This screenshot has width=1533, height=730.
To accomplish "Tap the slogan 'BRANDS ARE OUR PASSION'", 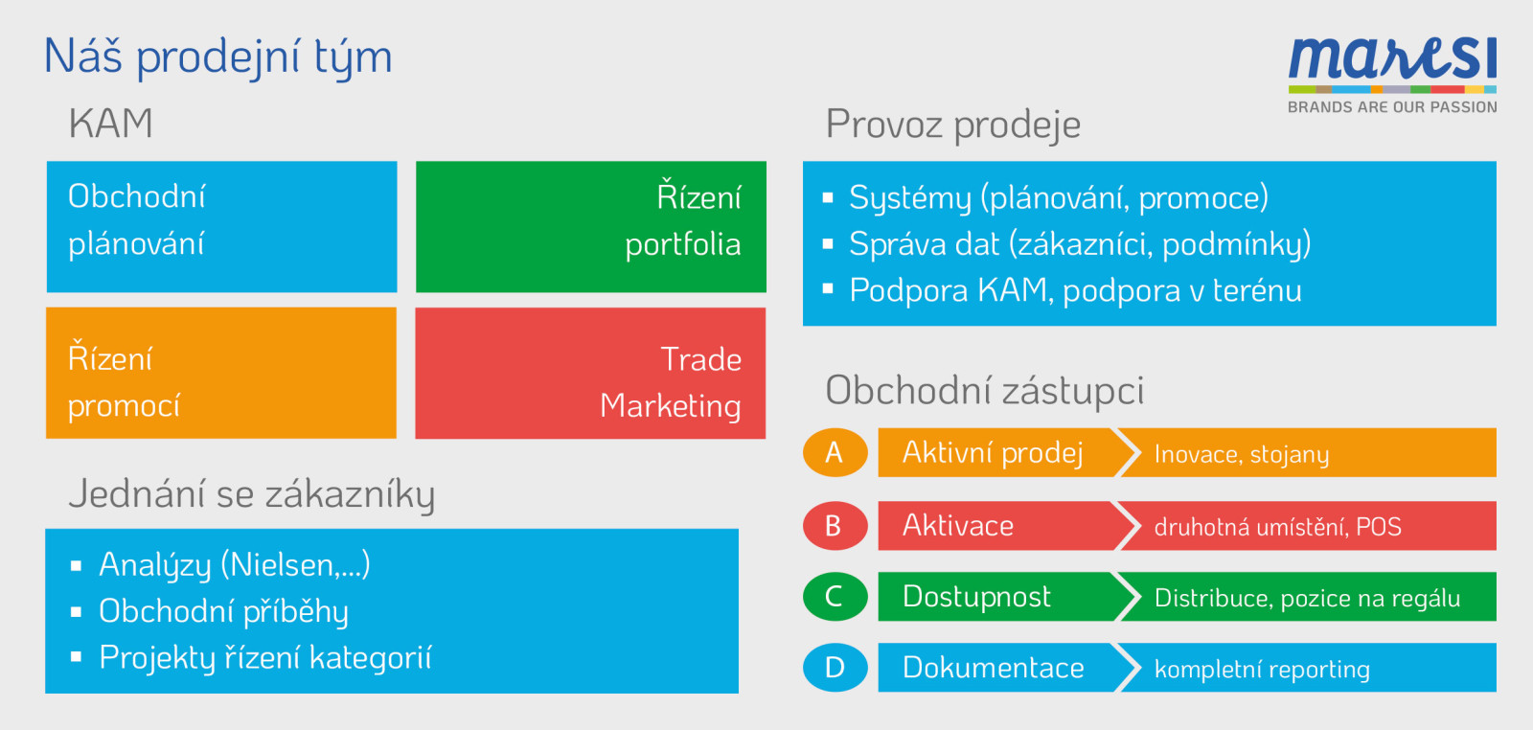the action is click(1392, 106).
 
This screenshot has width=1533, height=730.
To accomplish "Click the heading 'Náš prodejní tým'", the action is click(217, 57).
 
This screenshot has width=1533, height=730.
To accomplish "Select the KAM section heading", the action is click(110, 124).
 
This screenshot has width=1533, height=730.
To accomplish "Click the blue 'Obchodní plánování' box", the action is click(221, 226).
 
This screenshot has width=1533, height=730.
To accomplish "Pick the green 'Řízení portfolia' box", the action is click(591, 226).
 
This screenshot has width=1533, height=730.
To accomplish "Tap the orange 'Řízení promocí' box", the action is click(221, 373).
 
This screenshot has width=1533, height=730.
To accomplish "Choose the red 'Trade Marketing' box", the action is click(590, 373).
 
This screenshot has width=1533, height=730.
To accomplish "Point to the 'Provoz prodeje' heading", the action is click(953, 125).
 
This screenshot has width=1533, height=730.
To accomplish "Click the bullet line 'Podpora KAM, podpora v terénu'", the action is click(1075, 290).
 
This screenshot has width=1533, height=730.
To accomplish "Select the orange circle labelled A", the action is click(835, 452).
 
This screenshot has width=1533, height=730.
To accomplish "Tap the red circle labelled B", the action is click(835, 525).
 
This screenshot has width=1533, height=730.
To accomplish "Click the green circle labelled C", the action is click(835, 597).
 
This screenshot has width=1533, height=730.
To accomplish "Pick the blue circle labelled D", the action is click(835, 667).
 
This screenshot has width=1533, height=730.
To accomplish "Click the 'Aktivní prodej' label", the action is click(993, 453).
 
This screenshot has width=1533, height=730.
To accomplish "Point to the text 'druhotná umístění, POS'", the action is click(1278, 527).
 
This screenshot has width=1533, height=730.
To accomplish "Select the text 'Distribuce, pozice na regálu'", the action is click(1307, 599).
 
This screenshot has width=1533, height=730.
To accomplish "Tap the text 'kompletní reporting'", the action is click(1262, 670).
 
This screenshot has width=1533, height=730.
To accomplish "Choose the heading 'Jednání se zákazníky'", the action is click(251, 494).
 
